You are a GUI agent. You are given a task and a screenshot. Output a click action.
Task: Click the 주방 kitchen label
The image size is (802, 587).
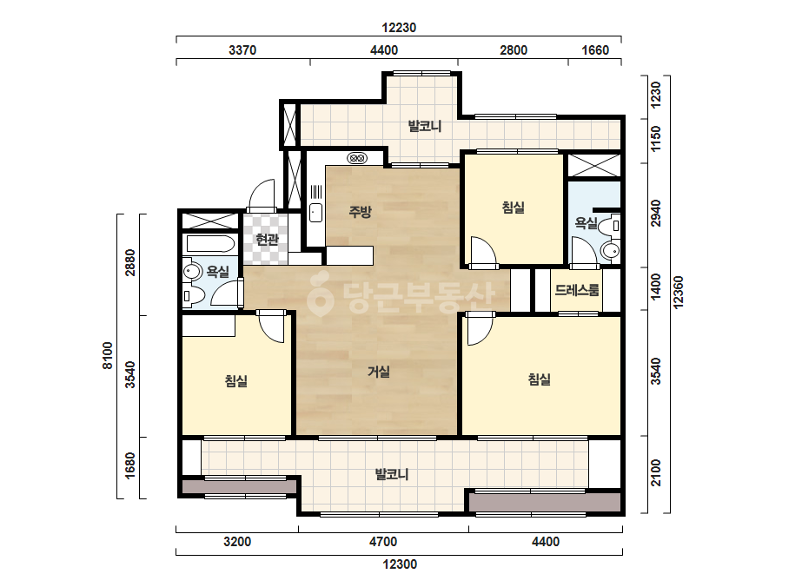(x=360, y=211)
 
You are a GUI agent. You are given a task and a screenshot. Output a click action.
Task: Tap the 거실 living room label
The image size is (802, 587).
(x=379, y=372)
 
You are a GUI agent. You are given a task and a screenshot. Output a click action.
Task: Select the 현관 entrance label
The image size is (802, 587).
(x=267, y=239)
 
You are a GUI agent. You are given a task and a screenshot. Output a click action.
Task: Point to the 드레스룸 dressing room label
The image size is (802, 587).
(x=576, y=290)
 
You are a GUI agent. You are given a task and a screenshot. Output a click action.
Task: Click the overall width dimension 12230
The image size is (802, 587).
(x=399, y=28)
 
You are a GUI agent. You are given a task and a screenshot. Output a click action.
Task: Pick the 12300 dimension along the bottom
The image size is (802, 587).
(x=400, y=564)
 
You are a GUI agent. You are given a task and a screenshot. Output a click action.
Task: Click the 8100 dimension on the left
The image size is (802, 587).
(x=108, y=355)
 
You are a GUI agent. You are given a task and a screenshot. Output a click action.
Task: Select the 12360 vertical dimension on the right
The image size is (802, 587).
(x=679, y=293)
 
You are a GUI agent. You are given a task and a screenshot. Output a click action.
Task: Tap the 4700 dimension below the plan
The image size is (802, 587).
(x=383, y=542)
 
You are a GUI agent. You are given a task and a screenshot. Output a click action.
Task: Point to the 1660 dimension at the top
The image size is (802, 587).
(x=595, y=50)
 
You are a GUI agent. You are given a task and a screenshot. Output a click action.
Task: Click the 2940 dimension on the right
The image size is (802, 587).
(x=656, y=214)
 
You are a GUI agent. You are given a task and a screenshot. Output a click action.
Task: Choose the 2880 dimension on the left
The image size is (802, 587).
(x=130, y=263)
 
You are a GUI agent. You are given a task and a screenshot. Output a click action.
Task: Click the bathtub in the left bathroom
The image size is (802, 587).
(x=211, y=244)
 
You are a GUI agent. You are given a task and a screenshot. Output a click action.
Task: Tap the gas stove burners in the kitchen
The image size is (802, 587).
(x=357, y=158)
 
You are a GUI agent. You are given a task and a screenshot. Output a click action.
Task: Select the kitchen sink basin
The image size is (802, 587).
(x=315, y=213)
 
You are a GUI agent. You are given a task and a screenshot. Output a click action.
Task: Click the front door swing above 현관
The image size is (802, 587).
(x=262, y=195)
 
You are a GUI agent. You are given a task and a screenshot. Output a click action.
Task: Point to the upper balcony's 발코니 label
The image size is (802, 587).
(x=425, y=126)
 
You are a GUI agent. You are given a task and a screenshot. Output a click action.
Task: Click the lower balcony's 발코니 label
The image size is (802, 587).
(x=392, y=474)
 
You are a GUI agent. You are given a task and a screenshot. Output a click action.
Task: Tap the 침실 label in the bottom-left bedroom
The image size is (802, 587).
(x=236, y=381)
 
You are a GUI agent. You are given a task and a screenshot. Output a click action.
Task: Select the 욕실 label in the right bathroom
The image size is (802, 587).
(x=587, y=223)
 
